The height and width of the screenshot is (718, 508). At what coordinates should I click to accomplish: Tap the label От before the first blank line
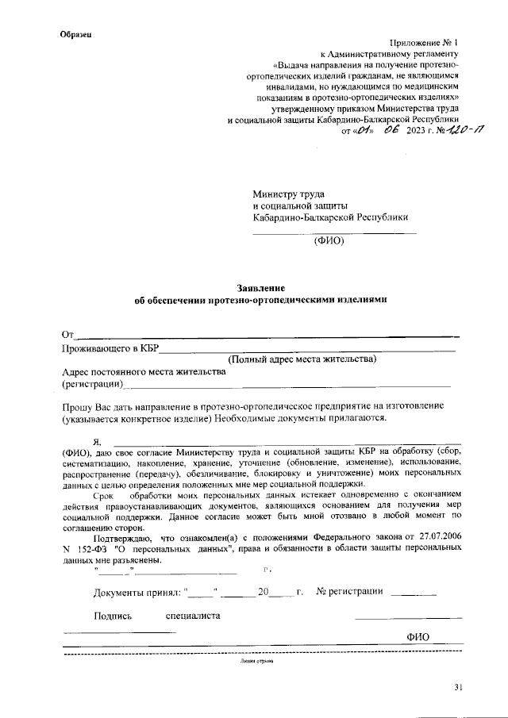pos(68,333)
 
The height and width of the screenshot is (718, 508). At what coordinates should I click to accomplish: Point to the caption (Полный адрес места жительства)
pos(302,359)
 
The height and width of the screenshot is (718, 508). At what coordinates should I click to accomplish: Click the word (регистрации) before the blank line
pos(92,384)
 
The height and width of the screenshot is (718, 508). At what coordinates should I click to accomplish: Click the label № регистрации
pos(350,592)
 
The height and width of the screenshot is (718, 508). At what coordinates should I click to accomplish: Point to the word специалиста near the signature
pos(193,615)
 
